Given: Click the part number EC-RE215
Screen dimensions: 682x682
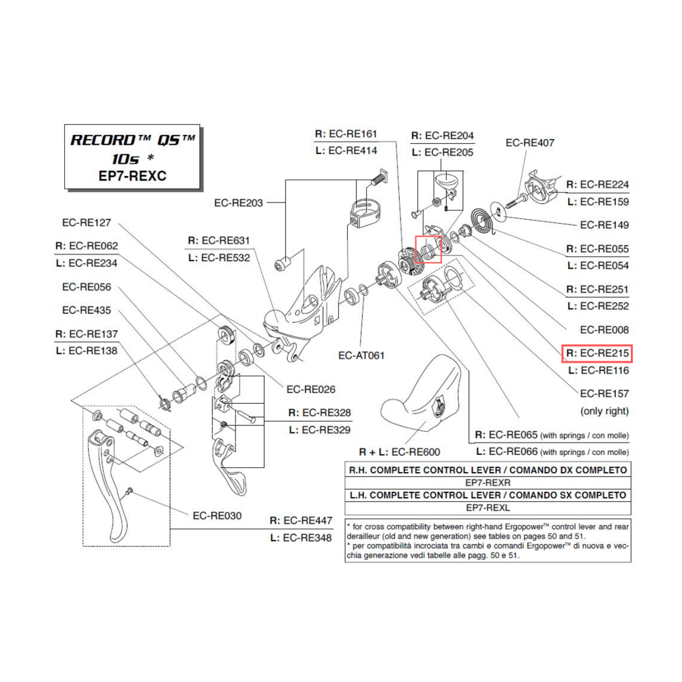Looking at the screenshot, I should (604, 354).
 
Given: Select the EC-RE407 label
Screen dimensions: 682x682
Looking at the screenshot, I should (530, 143).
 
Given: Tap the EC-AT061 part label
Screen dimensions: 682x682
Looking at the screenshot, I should (361, 355).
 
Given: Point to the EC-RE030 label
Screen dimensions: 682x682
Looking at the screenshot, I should (217, 516).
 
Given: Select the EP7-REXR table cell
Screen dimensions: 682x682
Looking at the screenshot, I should (488, 482).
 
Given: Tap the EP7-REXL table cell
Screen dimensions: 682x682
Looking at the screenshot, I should (488, 508).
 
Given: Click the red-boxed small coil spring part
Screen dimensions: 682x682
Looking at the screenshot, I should (428, 248).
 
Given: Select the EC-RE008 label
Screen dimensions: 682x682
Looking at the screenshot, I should (604, 330).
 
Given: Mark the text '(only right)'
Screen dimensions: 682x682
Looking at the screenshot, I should (604, 411).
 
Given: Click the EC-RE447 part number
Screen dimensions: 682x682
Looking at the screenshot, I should (308, 520).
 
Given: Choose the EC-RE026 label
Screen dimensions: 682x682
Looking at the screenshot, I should (310, 389).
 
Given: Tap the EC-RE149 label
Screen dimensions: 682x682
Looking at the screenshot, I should (604, 225).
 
